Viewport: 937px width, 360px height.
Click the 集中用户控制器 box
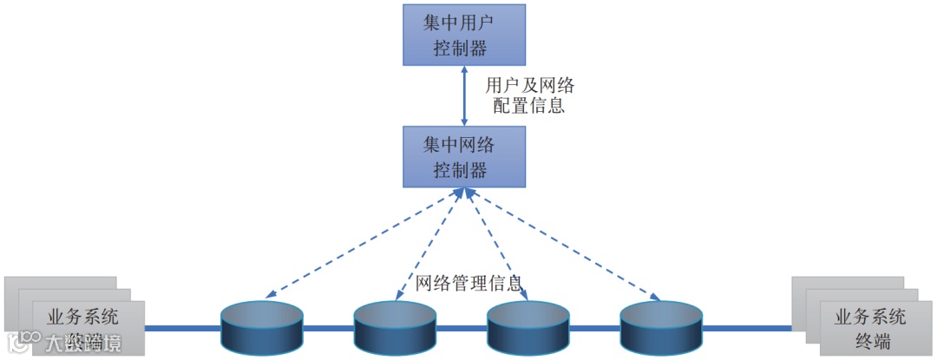tap(464, 35)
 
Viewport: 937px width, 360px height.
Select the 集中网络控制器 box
tap(464, 156)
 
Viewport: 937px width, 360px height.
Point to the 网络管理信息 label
tap(468, 283)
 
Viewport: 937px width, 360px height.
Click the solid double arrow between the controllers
tap(464, 95)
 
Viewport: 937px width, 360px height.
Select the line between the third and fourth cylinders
tap(594, 329)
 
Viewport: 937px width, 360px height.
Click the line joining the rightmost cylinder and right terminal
tap(746, 329)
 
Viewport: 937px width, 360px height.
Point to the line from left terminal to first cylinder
tap(182, 329)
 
